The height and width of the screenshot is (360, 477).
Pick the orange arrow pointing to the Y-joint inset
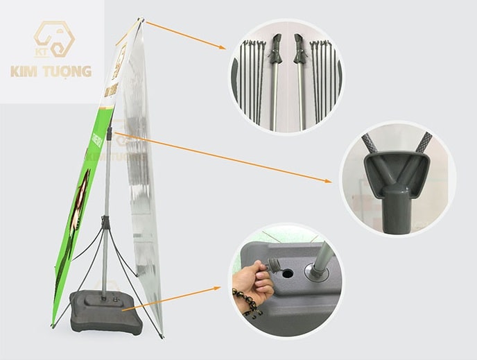tap(222, 157)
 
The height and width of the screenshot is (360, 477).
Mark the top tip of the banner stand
tap(141, 19)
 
